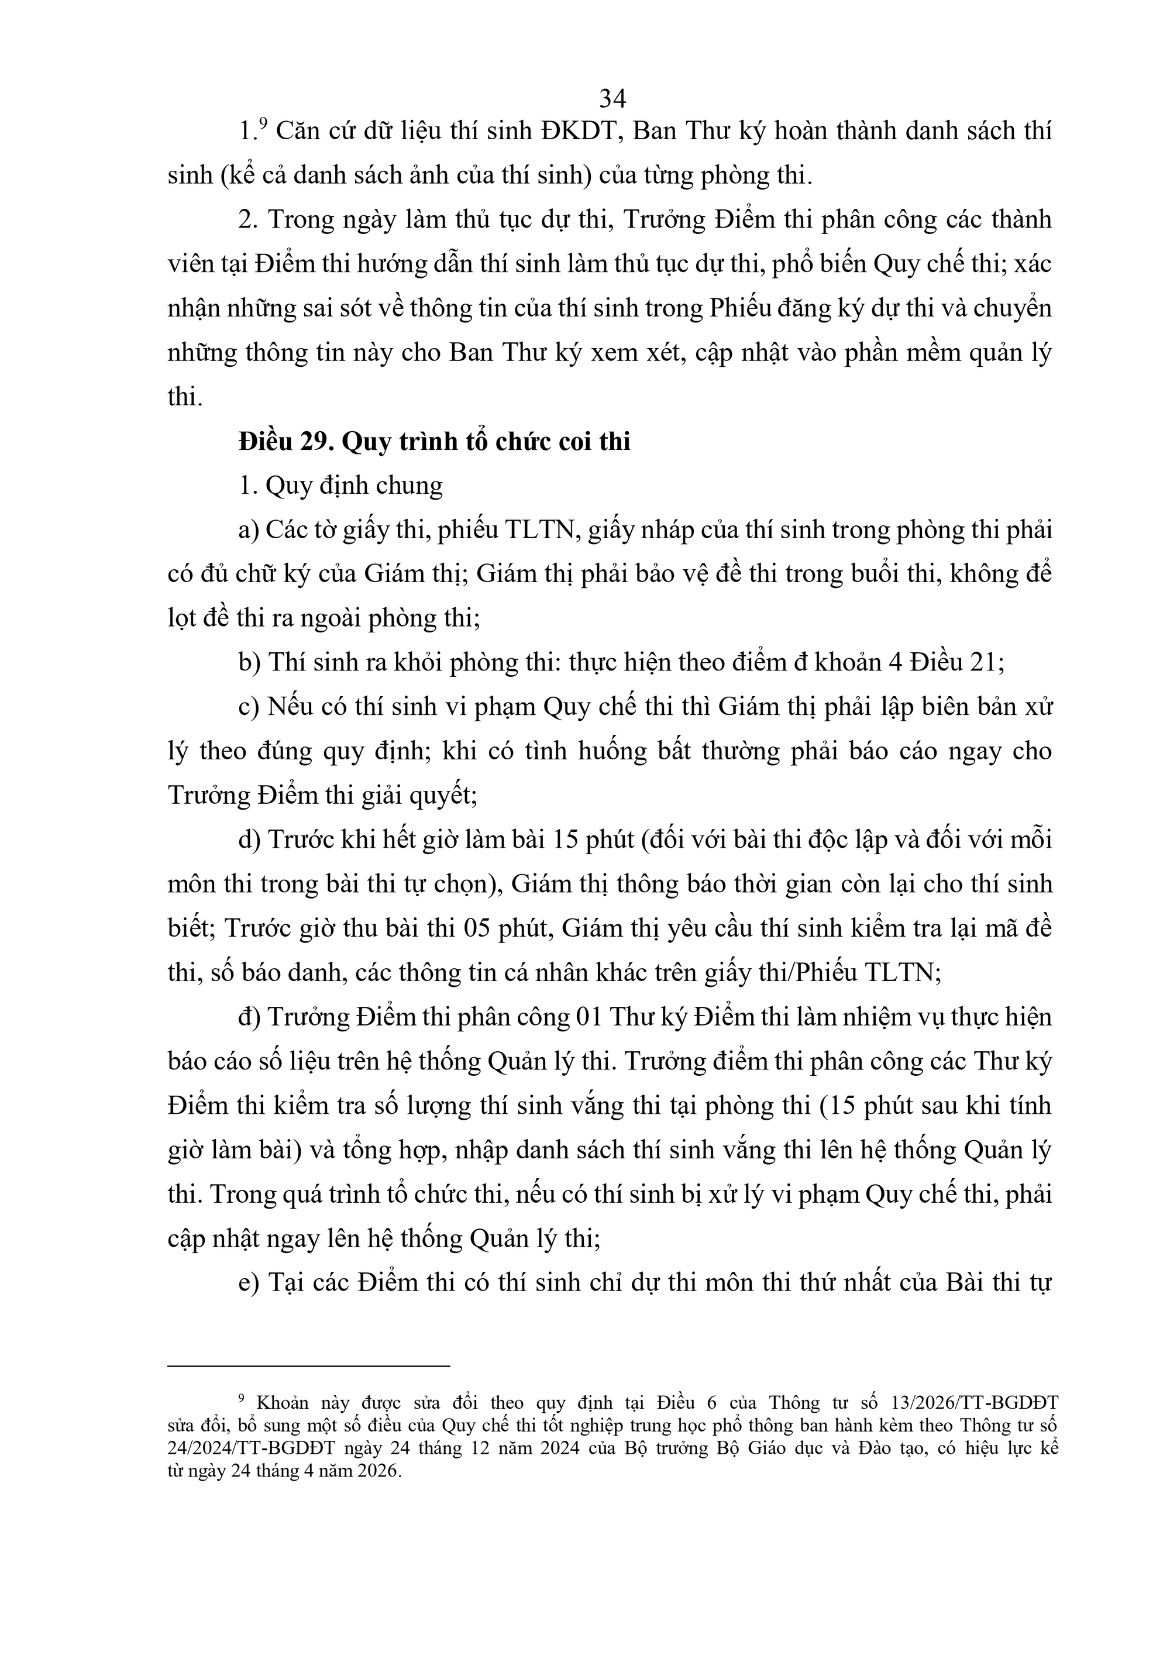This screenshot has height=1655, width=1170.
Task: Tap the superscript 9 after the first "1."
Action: pyautogui.click(x=263, y=124)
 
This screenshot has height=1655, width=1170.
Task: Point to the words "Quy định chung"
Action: pyautogui.click(x=354, y=486)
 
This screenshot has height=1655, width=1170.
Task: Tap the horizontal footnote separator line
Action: pyautogui.click(x=308, y=1364)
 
